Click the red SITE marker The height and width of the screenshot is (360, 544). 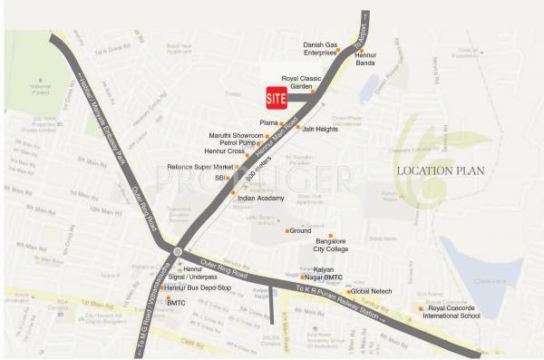[x=276, y=97]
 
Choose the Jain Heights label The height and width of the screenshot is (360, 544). [x=319, y=130]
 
